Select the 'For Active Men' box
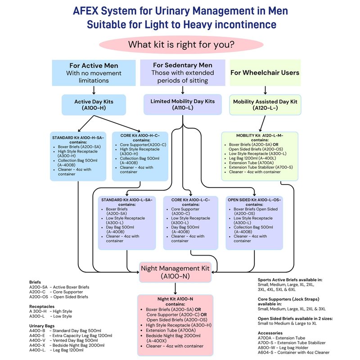pos(94,72)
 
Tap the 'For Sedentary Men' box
pos(182,72)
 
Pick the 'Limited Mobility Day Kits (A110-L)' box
pos(182,104)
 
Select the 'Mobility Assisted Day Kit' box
pos(265,105)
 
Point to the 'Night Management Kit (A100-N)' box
pos(175,272)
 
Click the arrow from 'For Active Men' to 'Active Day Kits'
pos(94,90)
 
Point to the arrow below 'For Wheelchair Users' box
pos(265,90)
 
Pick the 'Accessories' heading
pos(270,333)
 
